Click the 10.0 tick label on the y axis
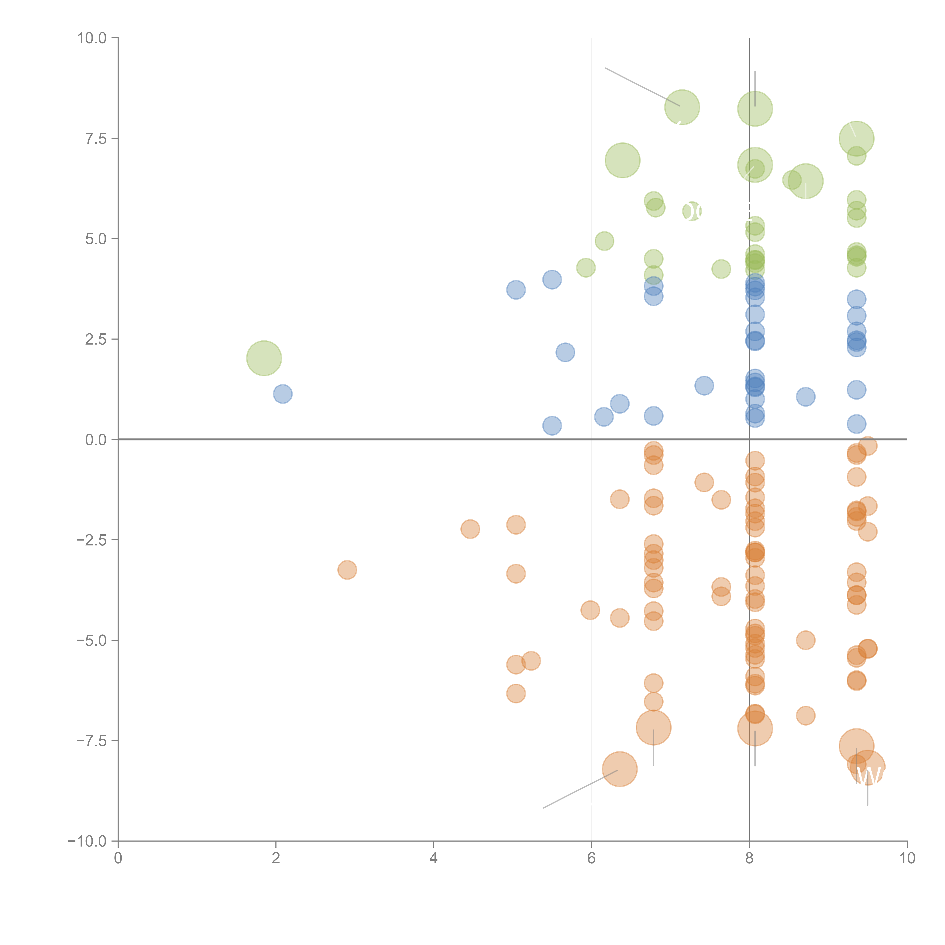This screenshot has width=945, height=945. coord(92,38)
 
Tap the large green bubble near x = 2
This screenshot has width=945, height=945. coord(264,358)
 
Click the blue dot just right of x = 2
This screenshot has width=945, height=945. coord(283,394)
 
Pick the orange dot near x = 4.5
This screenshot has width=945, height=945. coord(470,529)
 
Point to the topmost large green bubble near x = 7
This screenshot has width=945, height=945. coord(682,107)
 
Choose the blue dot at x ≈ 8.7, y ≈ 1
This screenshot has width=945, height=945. coord(806,397)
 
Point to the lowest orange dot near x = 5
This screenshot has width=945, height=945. coord(516,693)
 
